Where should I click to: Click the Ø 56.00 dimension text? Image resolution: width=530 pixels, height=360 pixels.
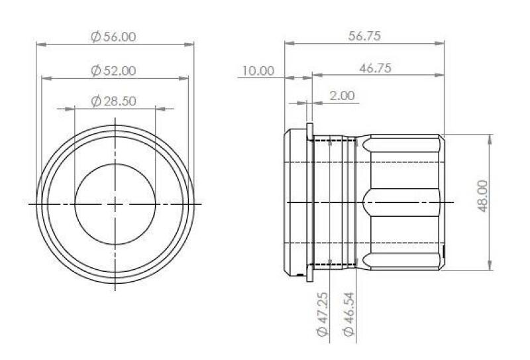coord(114,37)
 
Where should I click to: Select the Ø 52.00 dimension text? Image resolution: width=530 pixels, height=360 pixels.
coord(114,70)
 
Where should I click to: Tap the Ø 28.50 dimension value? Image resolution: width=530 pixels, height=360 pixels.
coord(114,101)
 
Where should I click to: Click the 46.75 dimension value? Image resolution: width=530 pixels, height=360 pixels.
coord(374,70)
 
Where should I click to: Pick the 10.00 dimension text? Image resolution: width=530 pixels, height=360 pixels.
coord(257,71)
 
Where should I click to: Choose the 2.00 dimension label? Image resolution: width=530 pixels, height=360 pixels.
coord(342,96)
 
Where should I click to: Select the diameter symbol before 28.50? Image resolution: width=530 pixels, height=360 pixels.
coord(95,101)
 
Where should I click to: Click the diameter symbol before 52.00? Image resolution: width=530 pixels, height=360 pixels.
coord(95,70)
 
